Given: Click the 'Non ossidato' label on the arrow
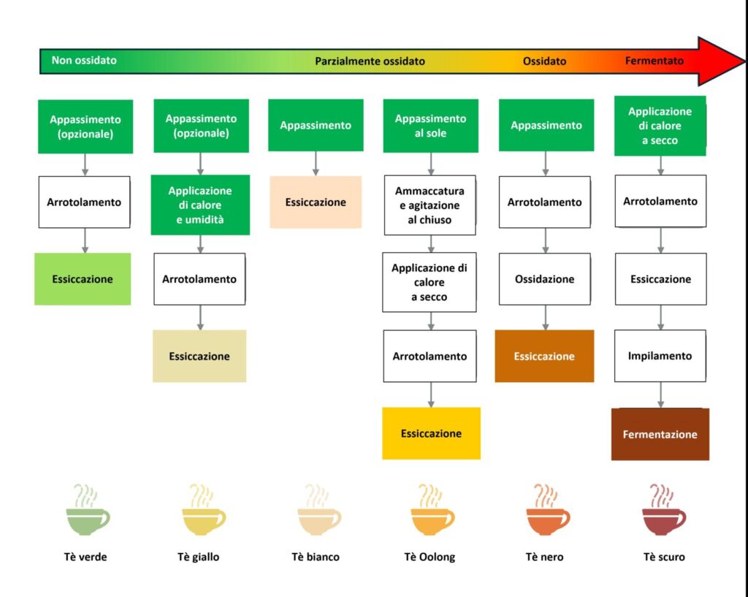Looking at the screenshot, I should (x=84, y=61).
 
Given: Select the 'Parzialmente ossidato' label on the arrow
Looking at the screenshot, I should (x=370, y=61).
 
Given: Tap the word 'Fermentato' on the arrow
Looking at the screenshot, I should (x=654, y=61).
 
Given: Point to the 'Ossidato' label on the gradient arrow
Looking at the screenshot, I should (x=544, y=61).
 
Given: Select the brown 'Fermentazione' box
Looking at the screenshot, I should (x=660, y=434).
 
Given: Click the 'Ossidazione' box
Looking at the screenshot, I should (x=545, y=279).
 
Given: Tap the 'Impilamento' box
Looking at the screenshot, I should (x=660, y=357).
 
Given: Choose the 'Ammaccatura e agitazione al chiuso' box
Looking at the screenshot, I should (x=430, y=205).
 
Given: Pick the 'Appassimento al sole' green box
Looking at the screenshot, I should (x=430, y=126).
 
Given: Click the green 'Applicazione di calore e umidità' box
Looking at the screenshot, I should (x=200, y=205).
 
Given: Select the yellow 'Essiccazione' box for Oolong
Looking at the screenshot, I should (x=431, y=433).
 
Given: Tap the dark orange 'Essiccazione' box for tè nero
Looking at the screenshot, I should (x=544, y=357).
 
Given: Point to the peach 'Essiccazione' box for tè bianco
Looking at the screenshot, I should (x=316, y=202).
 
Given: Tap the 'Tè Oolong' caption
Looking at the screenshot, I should (x=430, y=557).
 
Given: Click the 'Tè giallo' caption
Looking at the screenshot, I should (x=198, y=557).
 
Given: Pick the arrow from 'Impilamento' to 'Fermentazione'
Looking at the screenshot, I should (x=661, y=395).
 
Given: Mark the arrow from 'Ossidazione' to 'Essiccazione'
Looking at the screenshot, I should (x=545, y=317).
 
